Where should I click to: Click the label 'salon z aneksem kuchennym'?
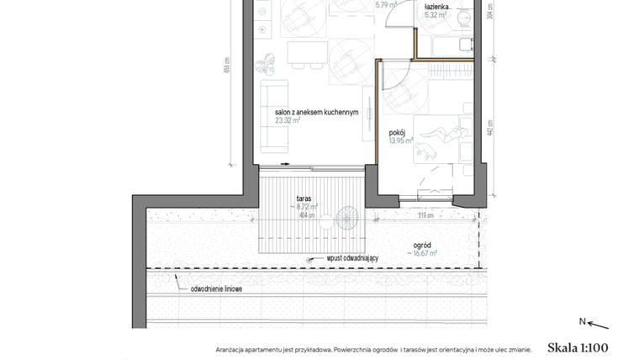click(x=316, y=112)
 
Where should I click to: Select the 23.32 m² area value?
click(x=288, y=120)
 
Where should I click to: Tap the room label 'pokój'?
click(x=398, y=133)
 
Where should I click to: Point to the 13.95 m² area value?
click(x=402, y=141)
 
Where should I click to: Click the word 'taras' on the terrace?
click(x=304, y=199)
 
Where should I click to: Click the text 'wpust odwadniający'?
click(x=353, y=259)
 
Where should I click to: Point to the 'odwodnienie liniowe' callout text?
click(x=216, y=289)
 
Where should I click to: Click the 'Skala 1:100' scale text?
click(x=577, y=347)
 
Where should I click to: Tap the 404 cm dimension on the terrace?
click(x=307, y=215)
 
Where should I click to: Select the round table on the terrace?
click(x=346, y=221)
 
